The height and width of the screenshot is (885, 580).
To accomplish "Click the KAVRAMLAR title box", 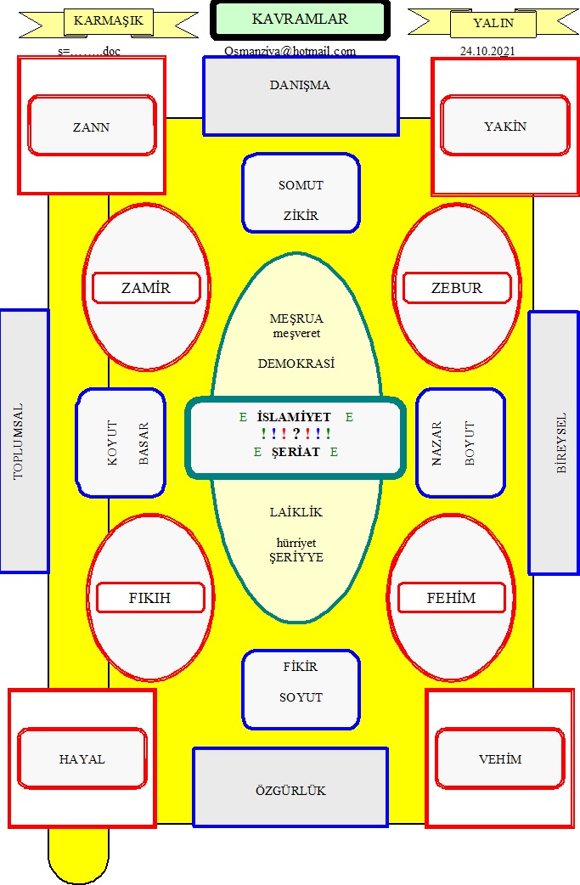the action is (300, 20).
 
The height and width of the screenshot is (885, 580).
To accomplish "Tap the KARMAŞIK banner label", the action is (109, 21).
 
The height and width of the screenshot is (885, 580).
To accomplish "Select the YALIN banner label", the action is (493, 23).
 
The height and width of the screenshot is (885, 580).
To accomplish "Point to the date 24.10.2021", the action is (487, 51).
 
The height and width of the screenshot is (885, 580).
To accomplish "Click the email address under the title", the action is (290, 51).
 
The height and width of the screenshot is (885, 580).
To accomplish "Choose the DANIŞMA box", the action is (301, 96).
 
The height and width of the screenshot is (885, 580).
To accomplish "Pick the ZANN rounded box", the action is (92, 126).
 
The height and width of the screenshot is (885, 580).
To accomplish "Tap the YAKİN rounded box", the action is (505, 125).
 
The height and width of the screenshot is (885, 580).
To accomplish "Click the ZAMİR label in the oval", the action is (146, 288).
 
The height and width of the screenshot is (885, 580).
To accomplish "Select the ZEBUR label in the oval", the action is (457, 288).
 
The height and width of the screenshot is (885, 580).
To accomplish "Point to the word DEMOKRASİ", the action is (296, 364).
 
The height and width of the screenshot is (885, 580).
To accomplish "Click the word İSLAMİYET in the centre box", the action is (294, 417).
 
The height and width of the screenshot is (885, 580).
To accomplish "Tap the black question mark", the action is (296, 433).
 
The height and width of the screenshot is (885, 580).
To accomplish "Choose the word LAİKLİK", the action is (296, 512).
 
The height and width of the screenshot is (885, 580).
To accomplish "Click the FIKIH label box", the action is (150, 598).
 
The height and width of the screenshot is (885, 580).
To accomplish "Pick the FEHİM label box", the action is (452, 598).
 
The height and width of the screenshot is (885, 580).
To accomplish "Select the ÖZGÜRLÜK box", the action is (290, 787).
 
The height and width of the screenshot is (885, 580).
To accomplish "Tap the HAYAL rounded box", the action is (82, 758).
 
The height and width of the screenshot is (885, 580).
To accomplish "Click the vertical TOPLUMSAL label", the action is (19, 442).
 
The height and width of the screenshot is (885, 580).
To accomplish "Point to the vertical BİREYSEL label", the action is (560, 443).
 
